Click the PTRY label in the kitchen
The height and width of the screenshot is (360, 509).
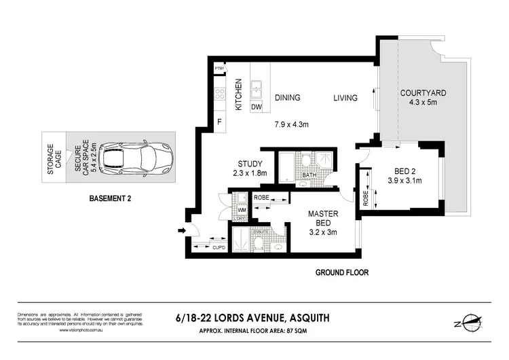[219, 69]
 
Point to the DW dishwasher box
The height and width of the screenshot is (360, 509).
[257, 107]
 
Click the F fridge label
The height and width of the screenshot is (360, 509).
[219, 122]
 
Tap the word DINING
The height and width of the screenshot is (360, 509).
[287, 98]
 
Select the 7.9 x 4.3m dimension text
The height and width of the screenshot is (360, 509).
[292, 124]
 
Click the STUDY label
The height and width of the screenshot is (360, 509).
[250, 164]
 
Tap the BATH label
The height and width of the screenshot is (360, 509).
[309, 175]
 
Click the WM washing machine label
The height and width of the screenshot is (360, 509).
[241, 210]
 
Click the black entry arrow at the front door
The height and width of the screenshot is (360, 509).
[181, 232]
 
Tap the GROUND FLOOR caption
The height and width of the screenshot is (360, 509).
[341, 272]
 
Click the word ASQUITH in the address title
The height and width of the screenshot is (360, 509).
[312, 317]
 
